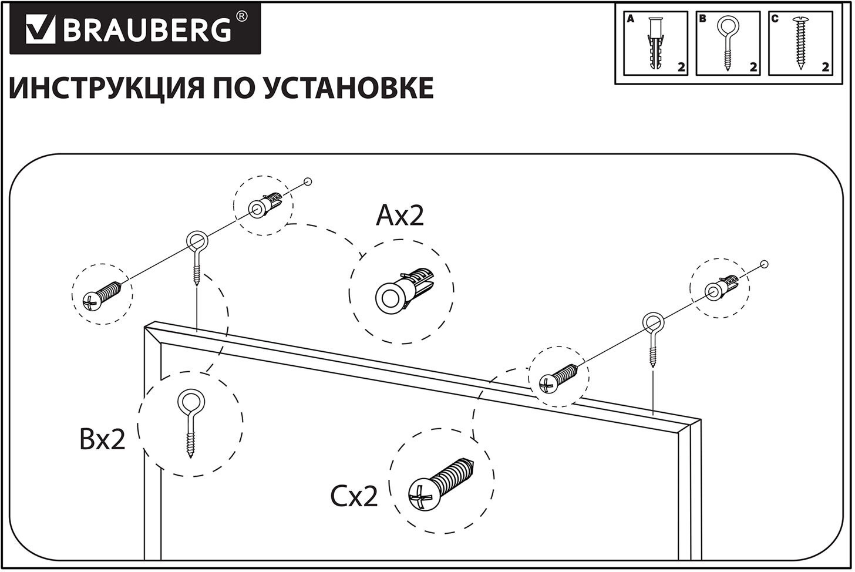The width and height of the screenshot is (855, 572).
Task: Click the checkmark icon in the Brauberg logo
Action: (40, 29)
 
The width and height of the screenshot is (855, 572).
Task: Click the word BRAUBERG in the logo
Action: (147, 30)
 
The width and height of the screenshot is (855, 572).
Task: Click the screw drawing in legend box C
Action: (800, 43)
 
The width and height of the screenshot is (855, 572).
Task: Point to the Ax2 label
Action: (399, 216)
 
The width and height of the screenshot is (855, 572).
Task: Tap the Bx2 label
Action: (102, 439)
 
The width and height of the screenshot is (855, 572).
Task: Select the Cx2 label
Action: (354, 497)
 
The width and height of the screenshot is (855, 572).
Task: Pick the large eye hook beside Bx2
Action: (190, 422)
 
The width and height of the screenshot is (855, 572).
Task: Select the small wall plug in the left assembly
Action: (264, 203)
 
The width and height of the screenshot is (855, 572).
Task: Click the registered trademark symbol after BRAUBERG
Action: (241, 17)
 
